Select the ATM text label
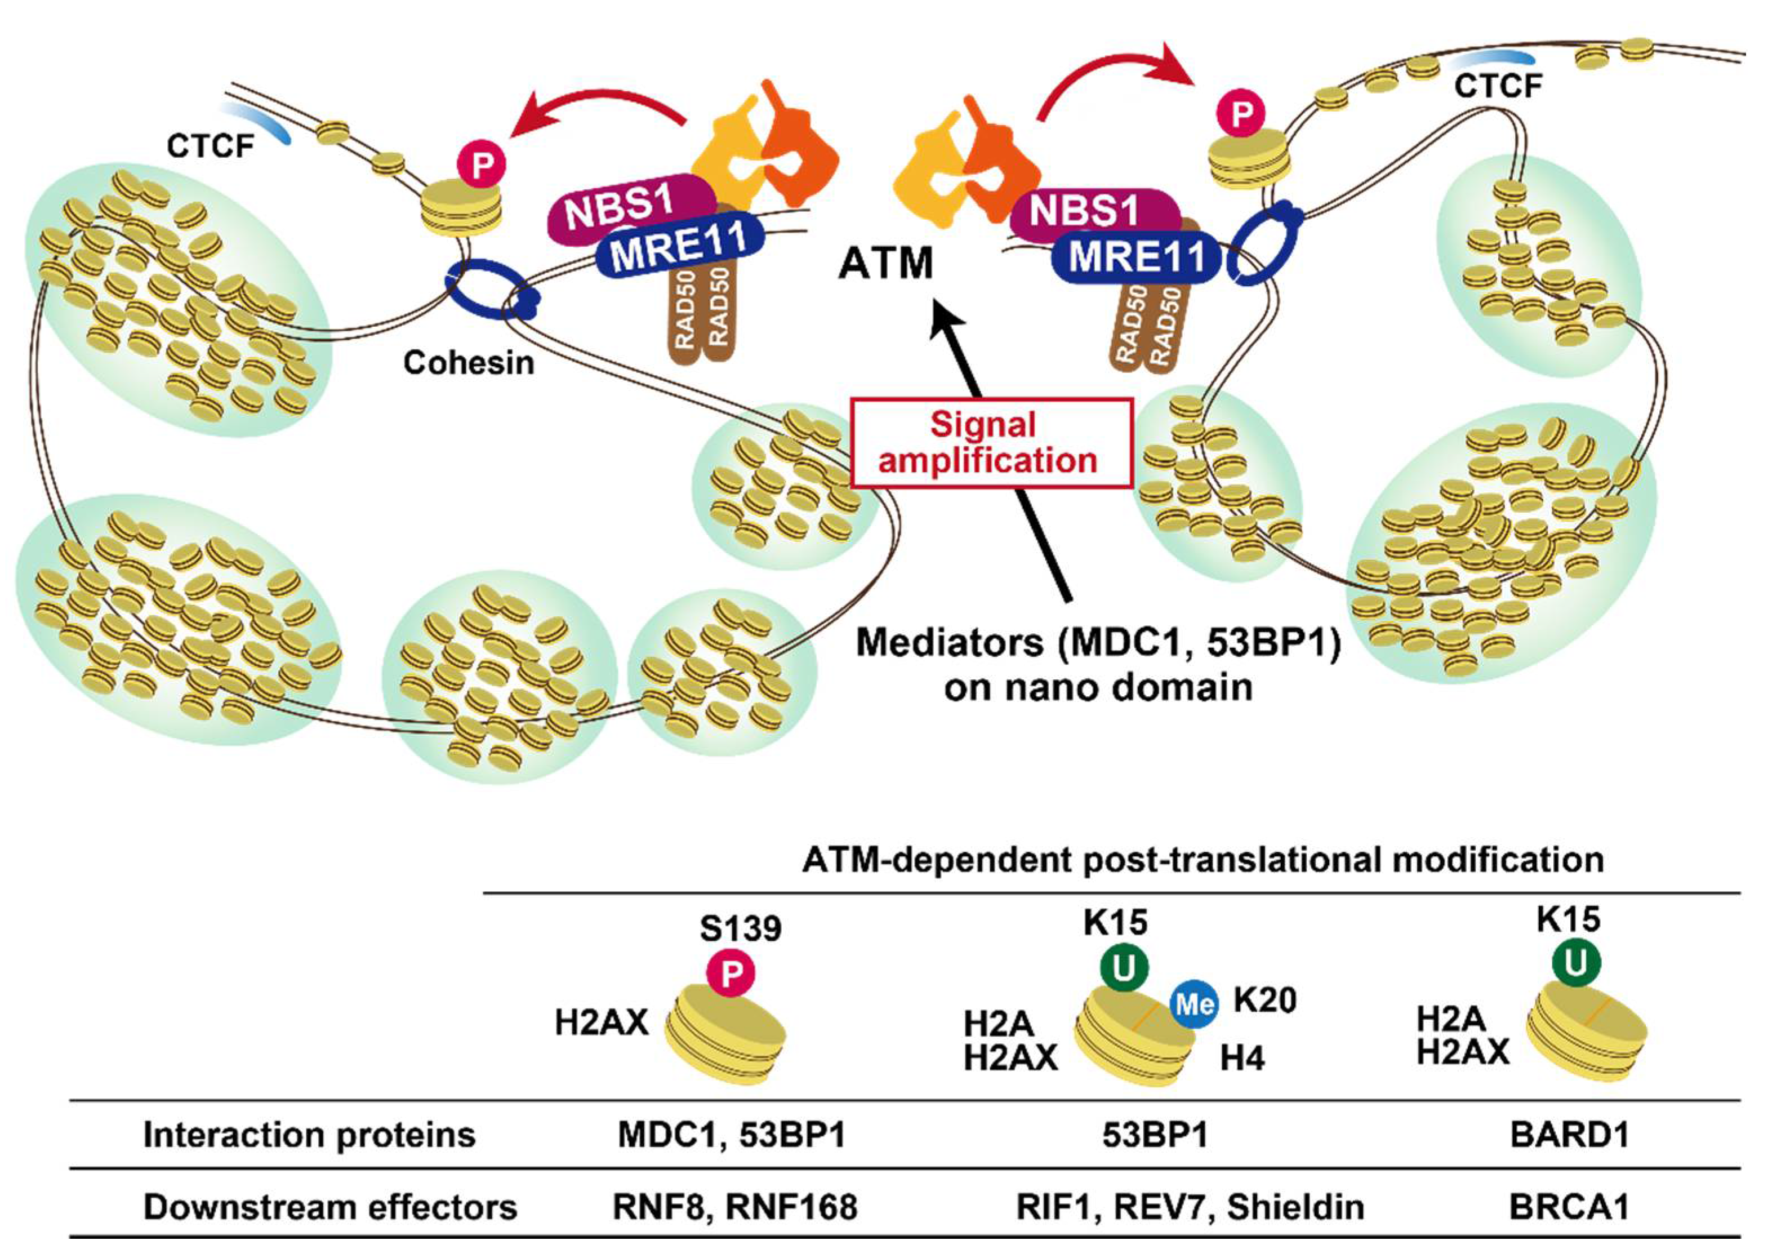click(885, 263)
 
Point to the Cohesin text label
click(469, 362)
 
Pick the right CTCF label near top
click(1498, 86)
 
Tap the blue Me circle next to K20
click(1193, 1004)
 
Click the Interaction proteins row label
click(309, 1135)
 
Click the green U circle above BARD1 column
click(1576, 962)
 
